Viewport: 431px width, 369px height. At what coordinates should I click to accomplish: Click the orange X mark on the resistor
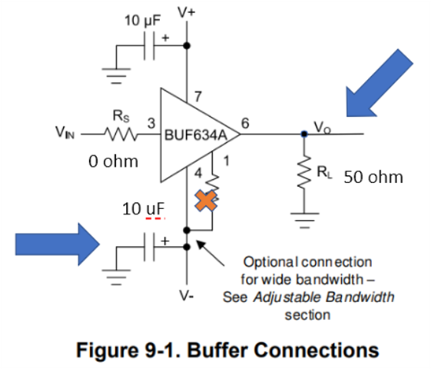coord(206,201)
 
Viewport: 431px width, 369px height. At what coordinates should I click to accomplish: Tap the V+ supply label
coord(187,12)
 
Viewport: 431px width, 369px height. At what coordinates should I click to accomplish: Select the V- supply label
coord(187,296)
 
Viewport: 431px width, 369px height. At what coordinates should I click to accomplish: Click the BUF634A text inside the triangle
coord(196,135)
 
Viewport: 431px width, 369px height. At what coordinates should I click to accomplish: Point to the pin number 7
coord(198,97)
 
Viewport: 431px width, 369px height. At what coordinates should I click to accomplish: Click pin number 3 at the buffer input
coord(151,123)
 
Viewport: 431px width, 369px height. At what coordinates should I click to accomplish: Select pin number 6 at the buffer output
coord(245,123)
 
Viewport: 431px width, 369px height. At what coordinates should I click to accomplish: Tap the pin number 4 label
coord(198,173)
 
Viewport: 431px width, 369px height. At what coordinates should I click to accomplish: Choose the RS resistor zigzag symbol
coord(121,135)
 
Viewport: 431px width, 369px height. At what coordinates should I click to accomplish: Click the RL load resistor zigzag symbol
coord(304,172)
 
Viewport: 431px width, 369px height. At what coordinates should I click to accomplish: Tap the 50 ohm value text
coord(373,177)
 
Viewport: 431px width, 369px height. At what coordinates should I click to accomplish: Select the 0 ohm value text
coord(113,161)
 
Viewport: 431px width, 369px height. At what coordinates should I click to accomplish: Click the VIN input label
coord(65,132)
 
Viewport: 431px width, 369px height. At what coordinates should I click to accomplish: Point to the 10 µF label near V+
coord(142,20)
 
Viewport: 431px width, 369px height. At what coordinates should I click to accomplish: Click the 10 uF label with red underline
coord(143,209)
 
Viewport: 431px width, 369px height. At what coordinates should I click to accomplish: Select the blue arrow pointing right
coord(58,244)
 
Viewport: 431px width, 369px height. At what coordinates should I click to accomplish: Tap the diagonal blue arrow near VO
coord(380,83)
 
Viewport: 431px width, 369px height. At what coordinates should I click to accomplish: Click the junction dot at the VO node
coord(304,134)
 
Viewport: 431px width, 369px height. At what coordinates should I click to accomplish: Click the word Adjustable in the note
coord(287,298)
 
